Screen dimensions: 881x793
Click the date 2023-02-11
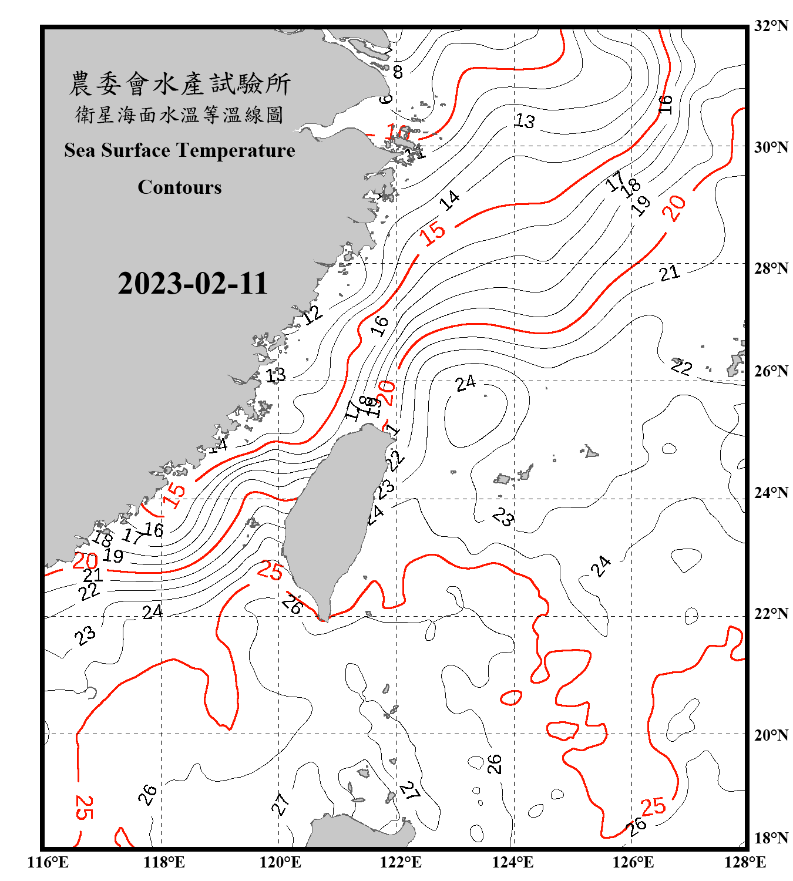[193, 283]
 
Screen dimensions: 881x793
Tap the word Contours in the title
[180, 187]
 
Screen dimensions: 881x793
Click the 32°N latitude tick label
[771, 26]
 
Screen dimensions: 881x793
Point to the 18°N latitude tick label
[771, 838]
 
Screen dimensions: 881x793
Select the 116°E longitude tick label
[48, 862]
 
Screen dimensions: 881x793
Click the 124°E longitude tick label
[513, 862]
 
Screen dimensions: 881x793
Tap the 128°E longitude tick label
[745, 862]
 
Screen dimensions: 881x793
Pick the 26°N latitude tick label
[771, 371]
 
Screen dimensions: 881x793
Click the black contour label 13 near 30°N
[525, 121]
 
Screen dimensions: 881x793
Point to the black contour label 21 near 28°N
[669, 273]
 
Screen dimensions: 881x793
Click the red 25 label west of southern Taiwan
[270, 570]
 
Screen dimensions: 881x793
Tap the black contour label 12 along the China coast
[312, 315]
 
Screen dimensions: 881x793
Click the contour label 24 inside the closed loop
[465, 384]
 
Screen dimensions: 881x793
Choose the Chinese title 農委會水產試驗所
[180, 84]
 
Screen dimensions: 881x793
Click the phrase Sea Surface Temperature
[180, 150]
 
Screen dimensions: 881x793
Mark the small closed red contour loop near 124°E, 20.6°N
[511, 698]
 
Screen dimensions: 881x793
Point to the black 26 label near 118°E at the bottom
[147, 795]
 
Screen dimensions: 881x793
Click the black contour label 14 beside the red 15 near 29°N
[450, 200]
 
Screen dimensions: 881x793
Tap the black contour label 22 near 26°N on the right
[681, 367]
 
